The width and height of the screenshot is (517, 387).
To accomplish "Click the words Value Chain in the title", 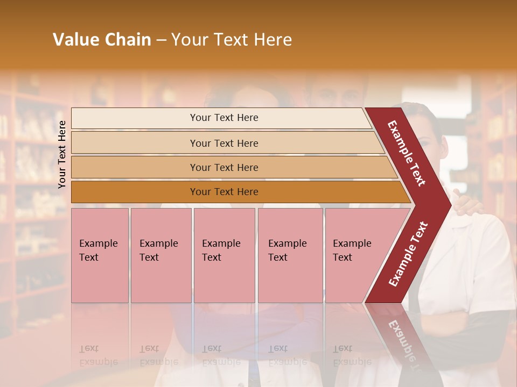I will click(102, 40).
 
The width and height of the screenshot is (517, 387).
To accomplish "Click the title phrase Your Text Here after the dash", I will click(232, 40).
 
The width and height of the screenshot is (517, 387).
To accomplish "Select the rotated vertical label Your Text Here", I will click(62, 154).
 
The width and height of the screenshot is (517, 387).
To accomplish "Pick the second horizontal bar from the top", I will click(223, 143).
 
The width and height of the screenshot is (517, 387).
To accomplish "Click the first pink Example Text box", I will click(100, 255).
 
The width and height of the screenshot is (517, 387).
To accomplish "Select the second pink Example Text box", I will click(160, 255).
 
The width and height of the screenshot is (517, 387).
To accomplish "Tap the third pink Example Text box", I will click(224, 255).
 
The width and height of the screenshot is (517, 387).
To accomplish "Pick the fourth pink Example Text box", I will click(290, 255).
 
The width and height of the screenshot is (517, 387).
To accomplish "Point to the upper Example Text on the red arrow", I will click(407, 153).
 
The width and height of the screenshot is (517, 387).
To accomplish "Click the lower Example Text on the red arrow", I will click(408, 254).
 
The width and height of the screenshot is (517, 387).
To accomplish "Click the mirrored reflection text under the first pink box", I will click(98, 355).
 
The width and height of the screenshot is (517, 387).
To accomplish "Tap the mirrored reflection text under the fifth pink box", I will click(352, 355).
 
